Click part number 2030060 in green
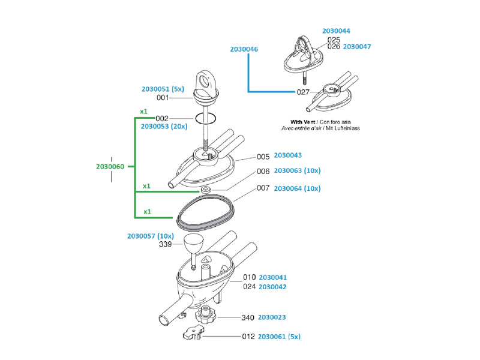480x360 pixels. point(110,166)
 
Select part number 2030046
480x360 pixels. point(244,49)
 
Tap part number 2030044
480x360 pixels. point(336,30)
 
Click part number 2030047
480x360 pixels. point(357,46)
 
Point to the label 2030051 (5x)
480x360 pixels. point(163,89)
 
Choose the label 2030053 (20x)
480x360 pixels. point(164,127)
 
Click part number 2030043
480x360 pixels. point(287,155)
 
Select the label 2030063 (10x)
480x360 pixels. point(297,171)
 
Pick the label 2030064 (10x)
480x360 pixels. point(297,188)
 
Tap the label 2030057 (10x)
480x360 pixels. point(150,236)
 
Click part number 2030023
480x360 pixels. point(272,318)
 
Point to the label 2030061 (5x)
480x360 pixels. point(279,337)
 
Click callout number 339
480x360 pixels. point(166,245)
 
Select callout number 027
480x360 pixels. point(303,92)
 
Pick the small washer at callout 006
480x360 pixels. point(205,190)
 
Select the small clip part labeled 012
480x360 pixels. point(192,333)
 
